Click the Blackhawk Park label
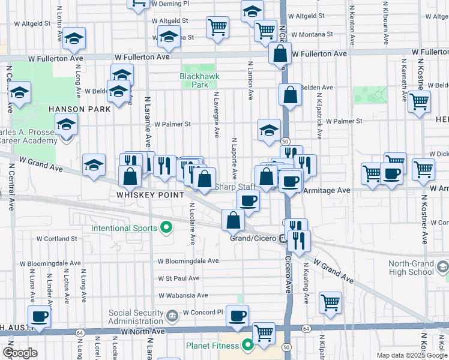pyautogui.click(x=197, y=80)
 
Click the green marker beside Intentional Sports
pyautogui.click(x=167, y=228)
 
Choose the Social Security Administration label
pyautogui.click(x=136, y=317)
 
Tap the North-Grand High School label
pyautogui.click(x=411, y=268)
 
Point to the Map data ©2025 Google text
pyautogui.click(x=412, y=355)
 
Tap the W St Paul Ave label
pyautogui.click(x=178, y=278)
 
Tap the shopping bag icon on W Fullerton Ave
pyautogui.click(x=280, y=54)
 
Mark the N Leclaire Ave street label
pyautogui.click(x=192, y=224)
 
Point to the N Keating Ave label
pyautogui.click(x=306, y=283)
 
